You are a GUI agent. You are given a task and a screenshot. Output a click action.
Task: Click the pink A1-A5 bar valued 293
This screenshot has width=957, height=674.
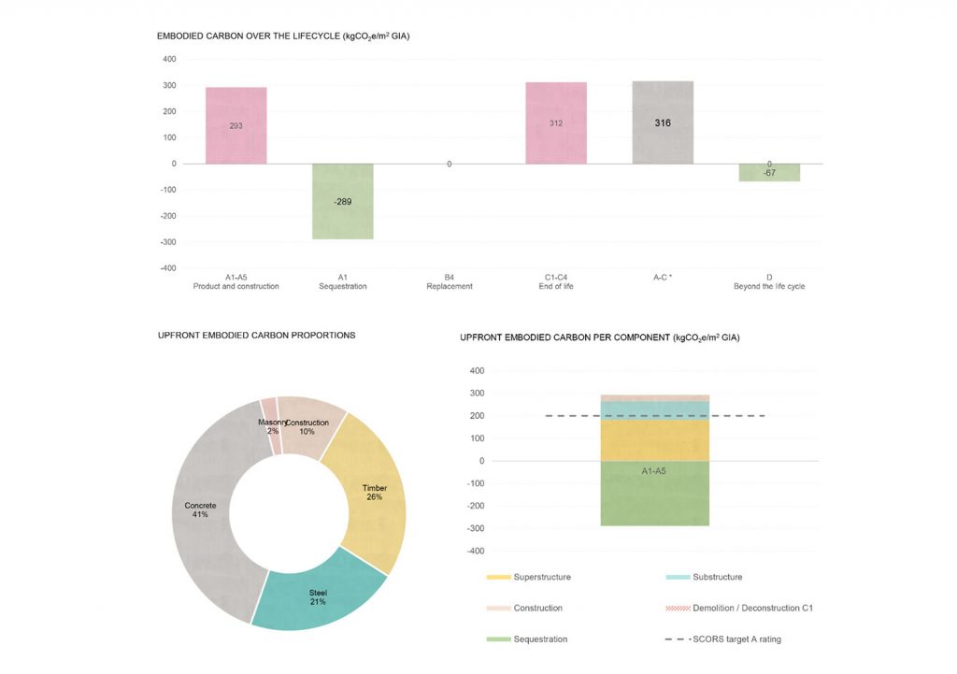tap(236, 125)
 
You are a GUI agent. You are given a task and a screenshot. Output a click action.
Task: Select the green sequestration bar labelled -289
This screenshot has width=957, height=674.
tap(343, 201)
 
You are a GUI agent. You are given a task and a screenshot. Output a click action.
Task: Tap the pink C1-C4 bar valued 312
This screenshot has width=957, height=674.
tap(556, 122)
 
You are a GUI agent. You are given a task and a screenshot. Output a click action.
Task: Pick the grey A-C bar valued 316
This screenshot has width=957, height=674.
tap(663, 122)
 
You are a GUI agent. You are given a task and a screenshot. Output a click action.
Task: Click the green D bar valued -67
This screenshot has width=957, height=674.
tap(769, 173)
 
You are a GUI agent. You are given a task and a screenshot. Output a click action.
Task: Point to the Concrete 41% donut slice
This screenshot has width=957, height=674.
tap(202, 510)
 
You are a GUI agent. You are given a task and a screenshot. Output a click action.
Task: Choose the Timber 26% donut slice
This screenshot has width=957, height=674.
tap(375, 493)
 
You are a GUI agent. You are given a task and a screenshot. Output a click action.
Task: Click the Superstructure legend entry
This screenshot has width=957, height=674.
tap(528, 577)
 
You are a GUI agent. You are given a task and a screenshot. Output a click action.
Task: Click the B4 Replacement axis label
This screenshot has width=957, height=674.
tap(450, 281)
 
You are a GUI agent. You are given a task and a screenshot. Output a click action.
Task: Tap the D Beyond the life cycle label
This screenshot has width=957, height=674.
tap(769, 281)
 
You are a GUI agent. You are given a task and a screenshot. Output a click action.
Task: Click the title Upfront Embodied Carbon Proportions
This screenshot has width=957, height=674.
tap(256, 335)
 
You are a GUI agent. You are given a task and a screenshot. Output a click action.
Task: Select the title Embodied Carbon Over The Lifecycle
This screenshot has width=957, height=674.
tap(284, 36)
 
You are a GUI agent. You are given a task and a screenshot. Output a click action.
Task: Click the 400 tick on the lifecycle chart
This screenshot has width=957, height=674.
tap(169, 59)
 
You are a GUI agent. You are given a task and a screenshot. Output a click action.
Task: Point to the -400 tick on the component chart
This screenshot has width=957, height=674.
tap(476, 551)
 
